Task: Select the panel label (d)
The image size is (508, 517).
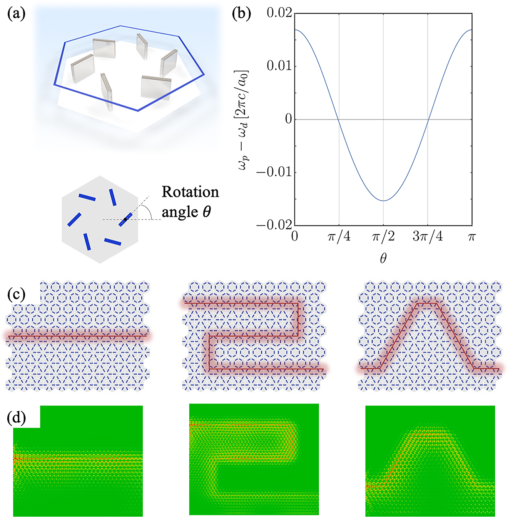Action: (16, 417)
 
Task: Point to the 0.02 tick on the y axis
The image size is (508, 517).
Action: (279, 13)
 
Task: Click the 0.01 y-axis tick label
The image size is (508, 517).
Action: (279, 66)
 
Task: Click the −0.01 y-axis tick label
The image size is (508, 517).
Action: (274, 172)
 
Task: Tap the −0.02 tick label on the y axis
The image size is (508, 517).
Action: (274, 225)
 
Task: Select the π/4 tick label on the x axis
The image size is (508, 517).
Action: (339, 237)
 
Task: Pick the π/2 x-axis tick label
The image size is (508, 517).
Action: (383, 237)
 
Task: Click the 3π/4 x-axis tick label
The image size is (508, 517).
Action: (428, 237)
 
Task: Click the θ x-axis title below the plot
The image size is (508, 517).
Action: (383, 258)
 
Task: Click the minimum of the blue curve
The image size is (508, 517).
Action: (383, 200)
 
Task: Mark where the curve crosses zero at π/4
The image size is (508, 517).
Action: (339, 119)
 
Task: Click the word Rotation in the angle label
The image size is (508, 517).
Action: (190, 192)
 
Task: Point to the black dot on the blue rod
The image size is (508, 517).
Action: (125, 219)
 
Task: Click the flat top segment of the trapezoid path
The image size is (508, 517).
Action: (427, 304)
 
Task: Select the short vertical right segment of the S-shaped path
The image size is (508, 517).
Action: (297, 319)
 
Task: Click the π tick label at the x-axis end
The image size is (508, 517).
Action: (472, 237)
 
